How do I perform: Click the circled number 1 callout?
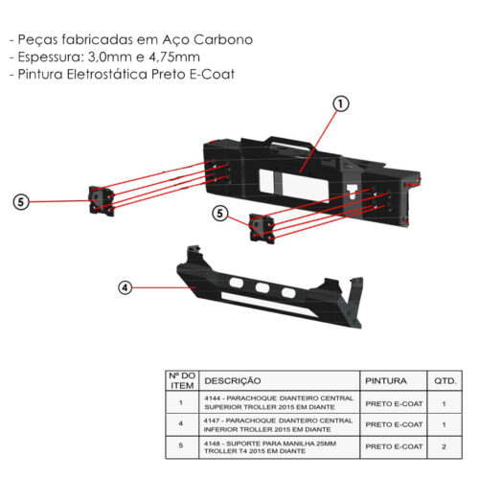(x=341, y=104)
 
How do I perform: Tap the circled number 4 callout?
(x=125, y=287)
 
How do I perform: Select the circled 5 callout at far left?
(x=21, y=202)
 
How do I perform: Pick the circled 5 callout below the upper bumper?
(x=220, y=214)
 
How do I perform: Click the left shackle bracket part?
(x=102, y=200)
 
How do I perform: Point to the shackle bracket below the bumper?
(x=262, y=229)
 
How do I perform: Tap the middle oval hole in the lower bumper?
(x=262, y=288)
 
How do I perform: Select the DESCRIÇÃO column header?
(x=233, y=380)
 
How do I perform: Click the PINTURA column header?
(x=386, y=380)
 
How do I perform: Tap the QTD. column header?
(x=445, y=380)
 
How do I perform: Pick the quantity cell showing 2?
(x=445, y=446)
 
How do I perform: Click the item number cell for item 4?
(x=181, y=424)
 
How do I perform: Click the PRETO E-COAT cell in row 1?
(x=394, y=403)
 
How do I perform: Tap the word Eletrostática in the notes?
(x=107, y=74)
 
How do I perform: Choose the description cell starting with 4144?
(x=279, y=402)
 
